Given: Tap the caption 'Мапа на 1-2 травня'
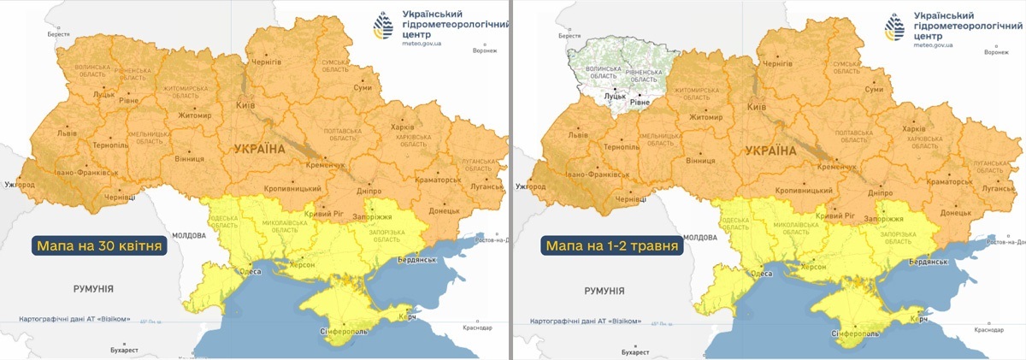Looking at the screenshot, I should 611,245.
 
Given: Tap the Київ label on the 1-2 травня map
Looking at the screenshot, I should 757,107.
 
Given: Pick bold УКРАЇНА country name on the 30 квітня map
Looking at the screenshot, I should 257,149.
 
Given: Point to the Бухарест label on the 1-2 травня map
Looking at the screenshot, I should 636,351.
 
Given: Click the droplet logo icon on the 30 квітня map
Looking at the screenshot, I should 383,27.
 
